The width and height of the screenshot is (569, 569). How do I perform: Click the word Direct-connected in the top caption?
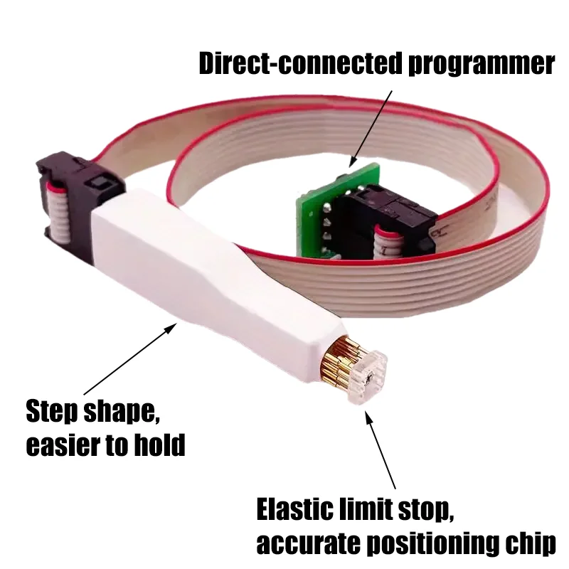(x=300, y=63)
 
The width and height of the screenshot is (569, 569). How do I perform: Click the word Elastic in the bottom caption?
(x=296, y=510)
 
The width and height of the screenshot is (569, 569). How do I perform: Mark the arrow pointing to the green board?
(x=371, y=129)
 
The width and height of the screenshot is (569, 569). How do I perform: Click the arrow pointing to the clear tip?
(x=381, y=450)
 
